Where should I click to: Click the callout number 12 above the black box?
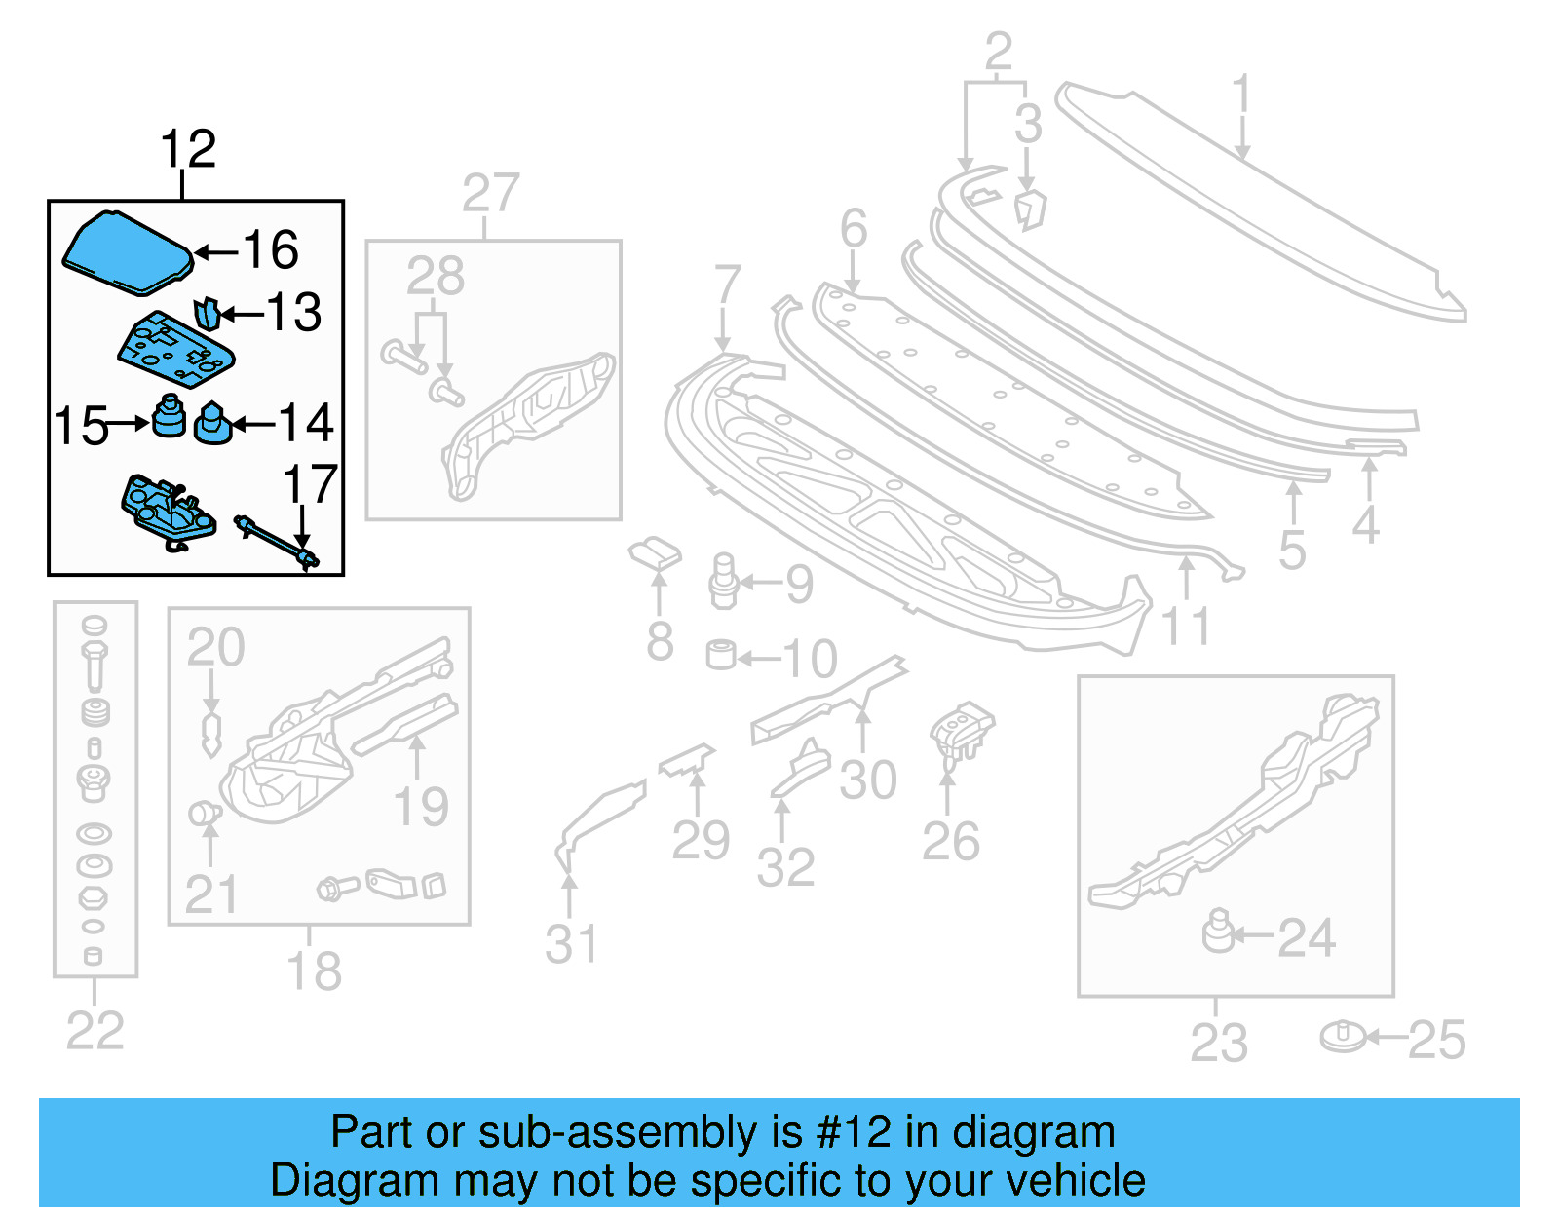187,150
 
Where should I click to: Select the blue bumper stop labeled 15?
170,416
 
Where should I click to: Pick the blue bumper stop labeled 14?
212,424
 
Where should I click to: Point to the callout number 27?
490,193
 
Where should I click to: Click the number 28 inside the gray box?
435,276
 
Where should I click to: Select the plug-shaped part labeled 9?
723,581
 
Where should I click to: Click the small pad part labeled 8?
655,553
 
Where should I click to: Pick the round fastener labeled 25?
1344,1037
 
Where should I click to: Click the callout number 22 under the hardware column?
95,1031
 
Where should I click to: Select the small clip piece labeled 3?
1029,209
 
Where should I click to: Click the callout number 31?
571,943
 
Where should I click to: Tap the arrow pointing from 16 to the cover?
216,252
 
